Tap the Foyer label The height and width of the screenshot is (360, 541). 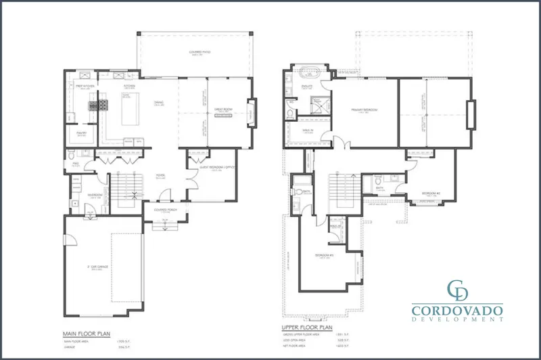[x=161, y=174]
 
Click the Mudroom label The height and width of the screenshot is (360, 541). [x=95, y=195]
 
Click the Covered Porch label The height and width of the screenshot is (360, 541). [x=165, y=210]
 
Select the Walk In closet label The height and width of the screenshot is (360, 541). [x=308, y=132]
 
